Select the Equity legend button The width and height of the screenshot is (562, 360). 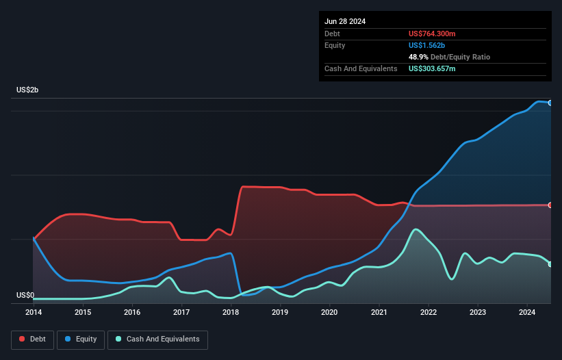pyautogui.click(x=80, y=339)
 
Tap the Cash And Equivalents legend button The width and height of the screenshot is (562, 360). pyautogui.click(x=157, y=339)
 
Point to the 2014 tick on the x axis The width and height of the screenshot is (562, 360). pyautogui.click(x=34, y=313)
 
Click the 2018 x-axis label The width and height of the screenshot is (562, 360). pyautogui.click(x=231, y=313)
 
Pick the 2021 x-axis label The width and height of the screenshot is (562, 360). pyautogui.click(x=379, y=313)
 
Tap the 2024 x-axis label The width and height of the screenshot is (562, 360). pyautogui.click(x=527, y=313)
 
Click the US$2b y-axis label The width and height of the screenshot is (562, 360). pyautogui.click(x=28, y=90)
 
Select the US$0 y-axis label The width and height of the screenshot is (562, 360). pyautogui.click(x=25, y=296)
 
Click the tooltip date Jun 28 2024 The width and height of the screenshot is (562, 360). pyautogui.click(x=345, y=21)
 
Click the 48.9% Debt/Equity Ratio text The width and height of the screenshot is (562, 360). pyautogui.click(x=449, y=57)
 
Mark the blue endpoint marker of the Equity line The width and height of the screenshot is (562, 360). pyautogui.click(x=550, y=103)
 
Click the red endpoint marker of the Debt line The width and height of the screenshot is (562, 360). pyautogui.click(x=550, y=205)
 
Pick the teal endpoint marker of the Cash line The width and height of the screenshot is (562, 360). pyautogui.click(x=550, y=264)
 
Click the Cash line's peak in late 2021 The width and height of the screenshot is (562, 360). pyautogui.click(x=415, y=229)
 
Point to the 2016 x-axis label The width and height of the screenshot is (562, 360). pyautogui.click(x=132, y=313)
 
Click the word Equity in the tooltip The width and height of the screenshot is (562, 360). pyautogui.click(x=335, y=45)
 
